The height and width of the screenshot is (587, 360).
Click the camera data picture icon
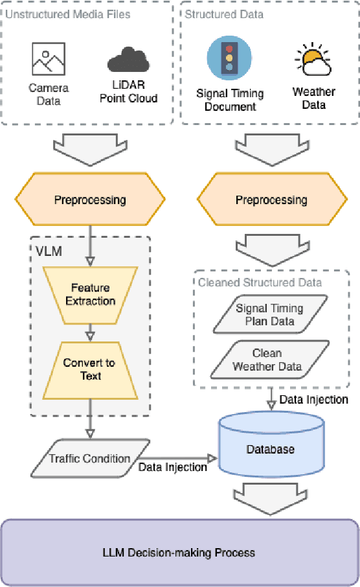click(49, 59)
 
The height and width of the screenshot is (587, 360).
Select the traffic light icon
click(229, 57)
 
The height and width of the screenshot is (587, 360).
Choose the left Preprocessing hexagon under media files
click(90, 199)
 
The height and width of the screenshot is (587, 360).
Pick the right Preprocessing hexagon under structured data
click(271, 199)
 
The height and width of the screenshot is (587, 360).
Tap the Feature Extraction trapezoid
click(90, 294)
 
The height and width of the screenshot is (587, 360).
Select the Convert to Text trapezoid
click(90, 369)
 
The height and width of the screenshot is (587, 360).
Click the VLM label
click(49, 251)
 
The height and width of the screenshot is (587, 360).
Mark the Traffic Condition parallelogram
click(90, 459)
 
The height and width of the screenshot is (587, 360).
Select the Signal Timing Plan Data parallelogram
click(269, 315)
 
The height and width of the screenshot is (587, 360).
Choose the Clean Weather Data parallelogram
click(267, 360)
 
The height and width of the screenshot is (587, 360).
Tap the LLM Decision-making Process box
click(179, 552)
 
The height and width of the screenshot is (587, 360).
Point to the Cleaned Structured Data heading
click(260, 282)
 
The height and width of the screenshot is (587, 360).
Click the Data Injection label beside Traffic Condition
click(172, 466)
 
